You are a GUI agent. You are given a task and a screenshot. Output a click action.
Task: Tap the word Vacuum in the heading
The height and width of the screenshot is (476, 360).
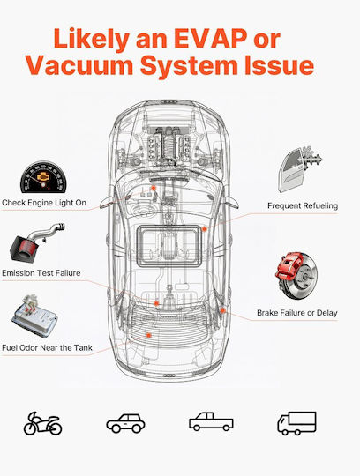click(79, 65)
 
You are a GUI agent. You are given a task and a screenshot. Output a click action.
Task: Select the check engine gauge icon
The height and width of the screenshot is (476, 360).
click(43, 177)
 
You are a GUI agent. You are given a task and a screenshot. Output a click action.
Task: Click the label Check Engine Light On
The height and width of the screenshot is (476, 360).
click(44, 203)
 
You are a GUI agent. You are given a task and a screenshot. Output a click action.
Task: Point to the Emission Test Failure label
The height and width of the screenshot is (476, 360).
click(41, 273)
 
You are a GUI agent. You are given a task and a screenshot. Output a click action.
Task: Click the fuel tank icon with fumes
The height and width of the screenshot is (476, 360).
click(34, 316)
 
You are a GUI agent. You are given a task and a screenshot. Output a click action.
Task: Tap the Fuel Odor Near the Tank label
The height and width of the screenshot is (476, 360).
click(47, 347)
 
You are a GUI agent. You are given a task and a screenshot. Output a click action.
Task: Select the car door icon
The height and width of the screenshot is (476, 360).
click(299, 169)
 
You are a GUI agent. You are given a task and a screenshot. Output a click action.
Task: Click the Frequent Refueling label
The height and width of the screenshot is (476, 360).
click(303, 205)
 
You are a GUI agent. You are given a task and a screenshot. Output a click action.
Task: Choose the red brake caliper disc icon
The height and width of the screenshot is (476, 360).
click(296, 275)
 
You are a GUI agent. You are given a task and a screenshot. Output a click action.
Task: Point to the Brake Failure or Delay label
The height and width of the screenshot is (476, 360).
click(297, 313)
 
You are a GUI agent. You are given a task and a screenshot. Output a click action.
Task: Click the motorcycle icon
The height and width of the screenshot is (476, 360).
click(42, 423)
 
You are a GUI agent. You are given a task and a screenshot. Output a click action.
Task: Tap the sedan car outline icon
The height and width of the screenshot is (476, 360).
click(125, 423)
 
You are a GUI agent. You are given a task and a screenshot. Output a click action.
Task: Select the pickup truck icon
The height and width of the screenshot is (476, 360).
click(211, 421)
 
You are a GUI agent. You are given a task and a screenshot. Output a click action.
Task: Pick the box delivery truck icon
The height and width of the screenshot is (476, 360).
click(296, 423)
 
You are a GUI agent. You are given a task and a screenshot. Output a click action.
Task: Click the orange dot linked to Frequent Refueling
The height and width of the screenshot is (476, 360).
click(205, 229)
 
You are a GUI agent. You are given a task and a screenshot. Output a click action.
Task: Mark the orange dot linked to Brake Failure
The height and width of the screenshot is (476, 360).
click(222, 310)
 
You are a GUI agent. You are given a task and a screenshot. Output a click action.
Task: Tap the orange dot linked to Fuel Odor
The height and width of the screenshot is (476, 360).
click(148, 335)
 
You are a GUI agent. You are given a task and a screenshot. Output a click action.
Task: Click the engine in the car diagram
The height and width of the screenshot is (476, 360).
click(169, 145)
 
